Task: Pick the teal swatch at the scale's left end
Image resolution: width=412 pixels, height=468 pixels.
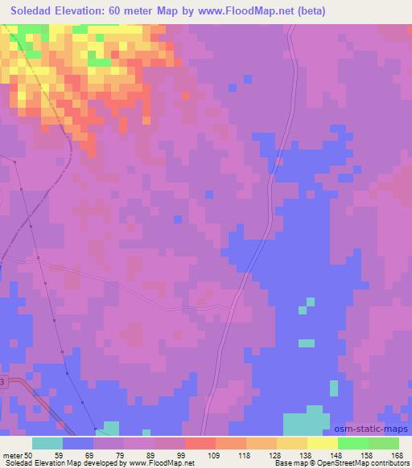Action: pyautogui.click(x=47, y=443)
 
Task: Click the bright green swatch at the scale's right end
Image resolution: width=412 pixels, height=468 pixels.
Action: pyautogui.click(x=384, y=443)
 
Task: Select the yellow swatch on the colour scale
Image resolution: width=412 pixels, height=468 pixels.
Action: pyautogui.click(x=323, y=443)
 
